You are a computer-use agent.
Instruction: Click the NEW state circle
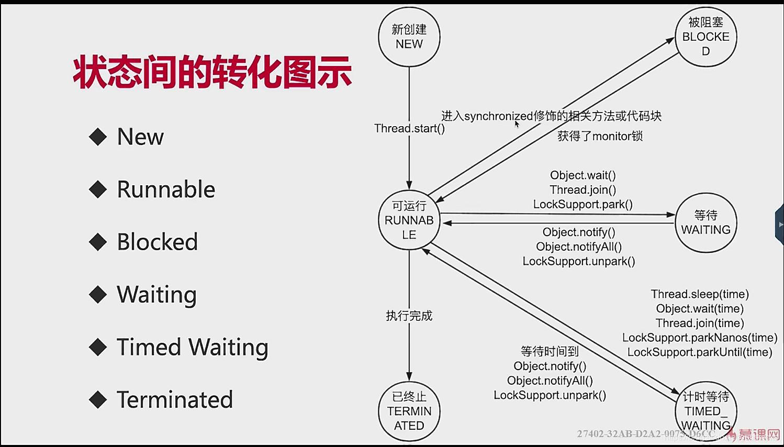[409, 37]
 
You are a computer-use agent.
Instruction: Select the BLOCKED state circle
[705, 37]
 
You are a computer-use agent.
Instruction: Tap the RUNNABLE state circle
[409, 220]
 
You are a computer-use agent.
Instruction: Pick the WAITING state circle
[705, 222]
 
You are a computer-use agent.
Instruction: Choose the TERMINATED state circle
[409, 411]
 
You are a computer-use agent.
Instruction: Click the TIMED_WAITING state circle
[705, 411]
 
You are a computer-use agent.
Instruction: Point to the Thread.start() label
[409, 128]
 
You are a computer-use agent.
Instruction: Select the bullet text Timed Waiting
[192, 347]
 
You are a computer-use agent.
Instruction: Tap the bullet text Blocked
[157, 242]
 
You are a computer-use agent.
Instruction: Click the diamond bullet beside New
[98, 137]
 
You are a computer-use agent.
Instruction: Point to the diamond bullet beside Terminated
[98, 400]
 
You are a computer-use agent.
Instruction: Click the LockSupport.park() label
[583, 204]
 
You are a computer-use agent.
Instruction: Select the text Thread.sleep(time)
[700, 294]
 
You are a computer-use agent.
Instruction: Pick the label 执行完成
[409, 316]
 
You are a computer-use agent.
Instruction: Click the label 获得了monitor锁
[600, 136]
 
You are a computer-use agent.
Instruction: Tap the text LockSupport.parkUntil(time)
[700, 352]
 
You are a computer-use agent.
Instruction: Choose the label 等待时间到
[550, 351]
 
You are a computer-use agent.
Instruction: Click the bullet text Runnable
[166, 189]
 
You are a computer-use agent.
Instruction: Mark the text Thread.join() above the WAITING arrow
[583, 190]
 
